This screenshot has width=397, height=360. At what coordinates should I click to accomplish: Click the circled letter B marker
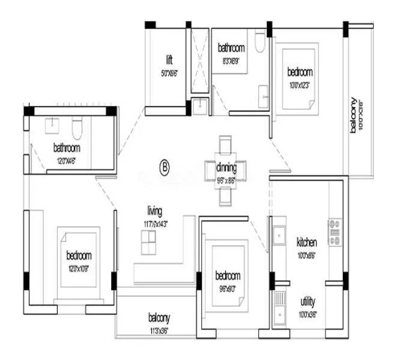(x=163, y=167)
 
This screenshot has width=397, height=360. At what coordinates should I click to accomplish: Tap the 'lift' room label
(x=170, y=60)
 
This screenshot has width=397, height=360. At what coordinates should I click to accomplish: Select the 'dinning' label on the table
(x=226, y=168)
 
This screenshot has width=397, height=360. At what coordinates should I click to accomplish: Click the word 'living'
(x=155, y=211)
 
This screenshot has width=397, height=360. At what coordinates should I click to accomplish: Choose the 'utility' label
(x=307, y=302)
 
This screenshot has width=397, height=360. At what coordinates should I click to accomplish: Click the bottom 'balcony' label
(x=160, y=317)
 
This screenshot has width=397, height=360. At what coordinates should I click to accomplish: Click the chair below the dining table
(x=225, y=196)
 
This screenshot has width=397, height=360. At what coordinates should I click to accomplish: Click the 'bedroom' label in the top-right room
(x=300, y=72)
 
